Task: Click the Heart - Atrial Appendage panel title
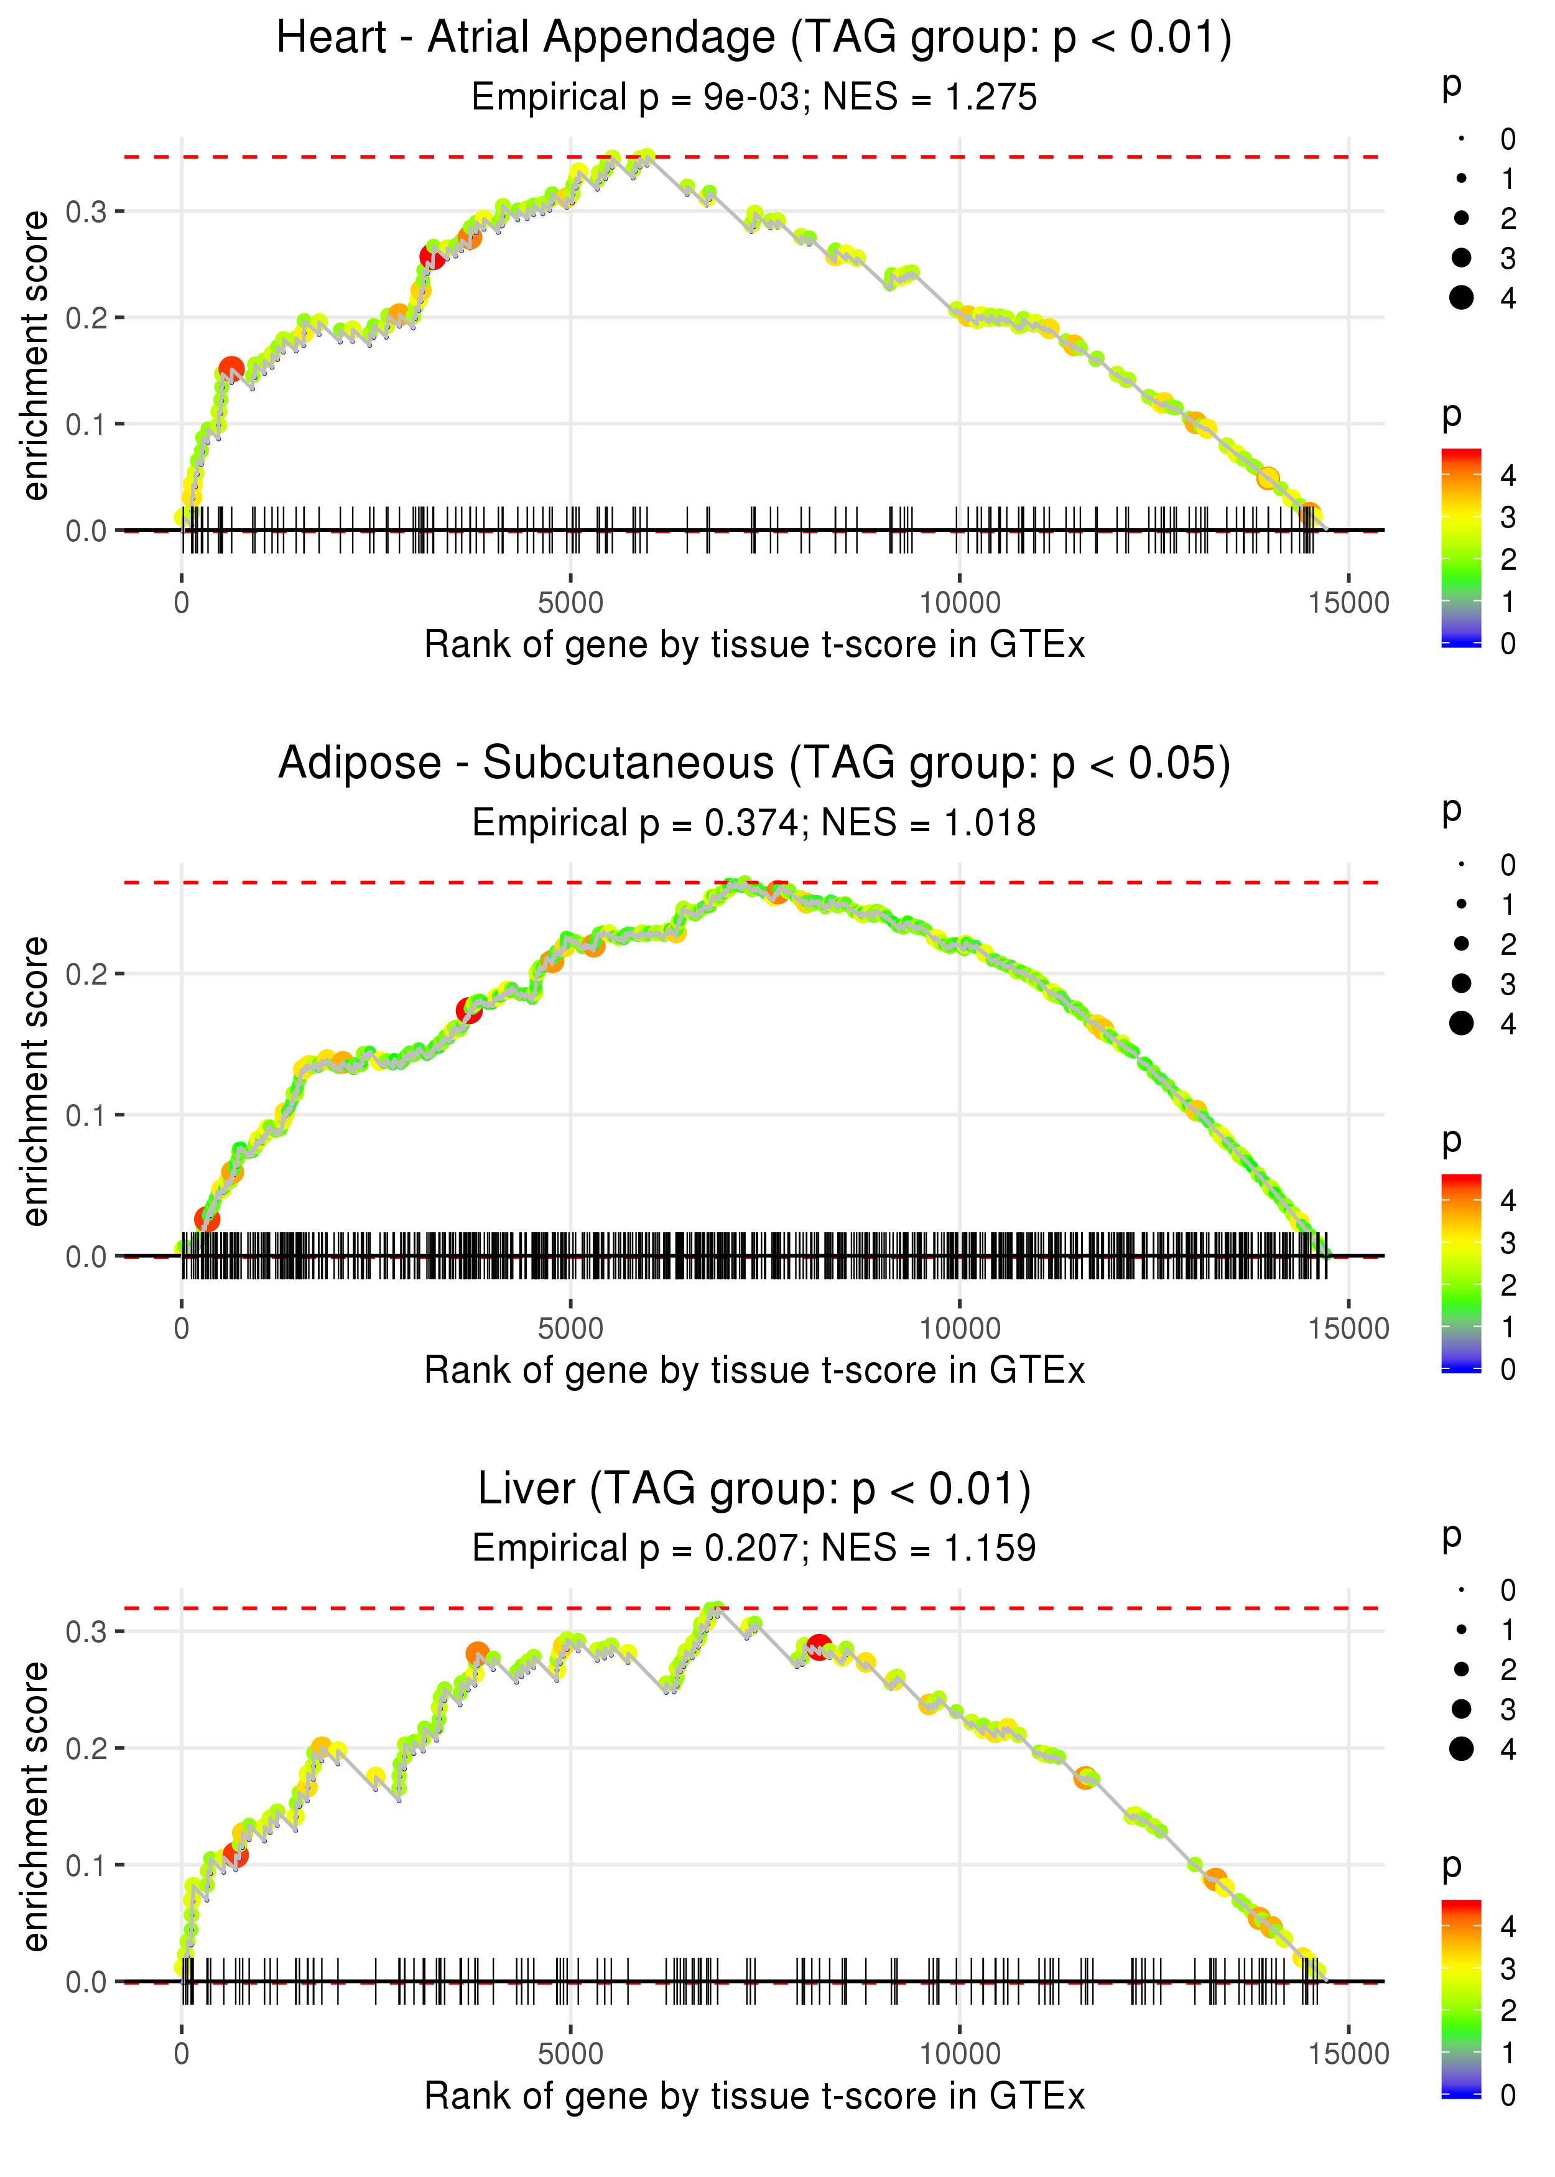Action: (754, 39)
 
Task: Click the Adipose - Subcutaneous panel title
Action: (754, 764)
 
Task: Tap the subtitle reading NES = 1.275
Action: (754, 98)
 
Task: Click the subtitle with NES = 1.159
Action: (754, 1548)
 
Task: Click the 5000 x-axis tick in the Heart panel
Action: (570, 603)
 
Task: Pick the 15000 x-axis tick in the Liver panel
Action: (1348, 2053)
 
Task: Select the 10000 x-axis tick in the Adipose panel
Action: (959, 1329)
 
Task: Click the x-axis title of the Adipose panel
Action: (754, 1371)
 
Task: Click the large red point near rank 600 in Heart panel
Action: (231, 369)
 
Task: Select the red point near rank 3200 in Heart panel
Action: (433, 256)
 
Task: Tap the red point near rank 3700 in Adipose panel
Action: (468, 1010)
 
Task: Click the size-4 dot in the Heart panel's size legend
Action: (1461, 298)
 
